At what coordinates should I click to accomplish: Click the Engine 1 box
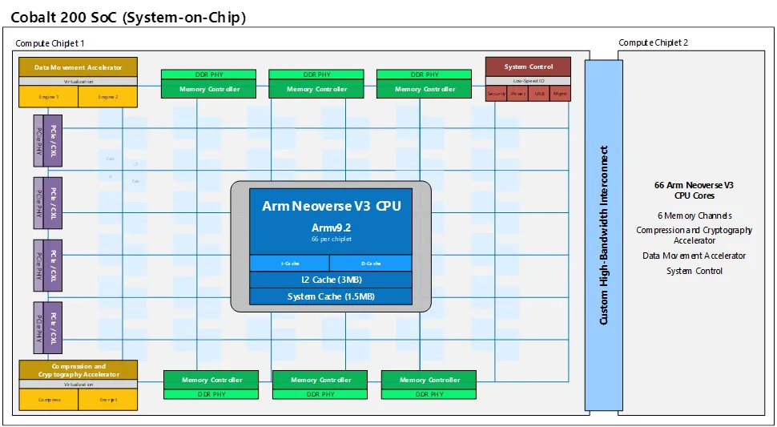point(48,97)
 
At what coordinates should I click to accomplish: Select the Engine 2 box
point(108,97)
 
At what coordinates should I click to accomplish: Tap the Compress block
point(48,399)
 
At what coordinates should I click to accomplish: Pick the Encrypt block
point(108,399)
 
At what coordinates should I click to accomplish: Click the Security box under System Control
point(497,94)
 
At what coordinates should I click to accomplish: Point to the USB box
point(539,94)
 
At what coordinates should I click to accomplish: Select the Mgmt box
point(561,94)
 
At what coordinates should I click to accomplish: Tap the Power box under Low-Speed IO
point(518,94)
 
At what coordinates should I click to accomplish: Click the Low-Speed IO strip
point(529,81)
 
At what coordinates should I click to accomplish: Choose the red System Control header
point(529,66)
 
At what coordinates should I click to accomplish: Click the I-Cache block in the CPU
point(289,263)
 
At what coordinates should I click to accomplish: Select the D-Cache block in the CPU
point(371,263)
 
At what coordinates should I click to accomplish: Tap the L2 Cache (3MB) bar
point(331,280)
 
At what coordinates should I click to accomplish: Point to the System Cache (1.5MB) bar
point(331,296)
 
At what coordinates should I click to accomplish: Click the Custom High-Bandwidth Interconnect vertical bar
point(603,235)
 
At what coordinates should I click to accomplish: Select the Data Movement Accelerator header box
point(78,67)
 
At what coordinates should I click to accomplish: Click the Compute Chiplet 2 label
point(653,42)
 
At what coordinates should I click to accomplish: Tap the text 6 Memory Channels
point(694,216)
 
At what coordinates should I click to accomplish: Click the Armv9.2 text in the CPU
point(331,228)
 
